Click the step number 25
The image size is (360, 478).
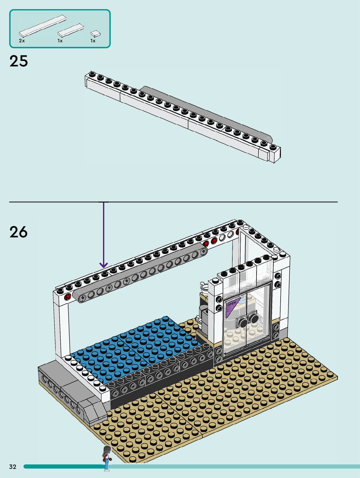19,61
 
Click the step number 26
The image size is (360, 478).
19,232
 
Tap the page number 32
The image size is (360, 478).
13,467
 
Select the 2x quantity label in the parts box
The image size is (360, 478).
22,41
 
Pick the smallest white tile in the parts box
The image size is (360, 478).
95,33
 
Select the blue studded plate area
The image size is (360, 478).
137,345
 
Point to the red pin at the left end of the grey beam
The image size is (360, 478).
68,297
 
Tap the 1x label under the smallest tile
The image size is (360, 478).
93,41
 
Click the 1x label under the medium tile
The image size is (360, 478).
60,41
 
